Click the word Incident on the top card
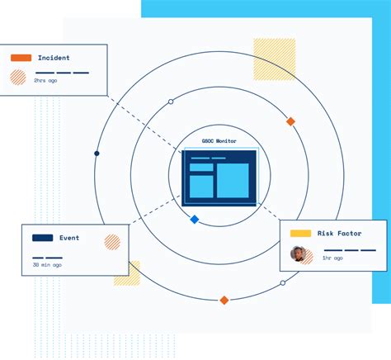click(54, 58)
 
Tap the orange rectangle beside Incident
click(21, 58)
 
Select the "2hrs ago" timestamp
click(45, 81)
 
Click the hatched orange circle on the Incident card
click(18, 78)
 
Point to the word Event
click(69, 238)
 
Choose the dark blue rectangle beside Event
click(42, 238)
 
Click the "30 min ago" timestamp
click(47, 265)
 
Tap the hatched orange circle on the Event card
click(112, 242)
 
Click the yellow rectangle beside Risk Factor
click(300, 234)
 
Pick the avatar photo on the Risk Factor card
click(298, 253)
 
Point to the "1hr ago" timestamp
click(332, 258)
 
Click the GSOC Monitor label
click(219, 141)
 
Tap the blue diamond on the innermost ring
click(195, 219)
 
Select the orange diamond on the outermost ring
click(224, 300)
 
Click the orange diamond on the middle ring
click(290, 121)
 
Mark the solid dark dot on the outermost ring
click(97, 154)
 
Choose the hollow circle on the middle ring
click(171, 102)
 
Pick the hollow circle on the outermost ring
click(283, 282)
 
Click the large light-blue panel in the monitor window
click(233, 180)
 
